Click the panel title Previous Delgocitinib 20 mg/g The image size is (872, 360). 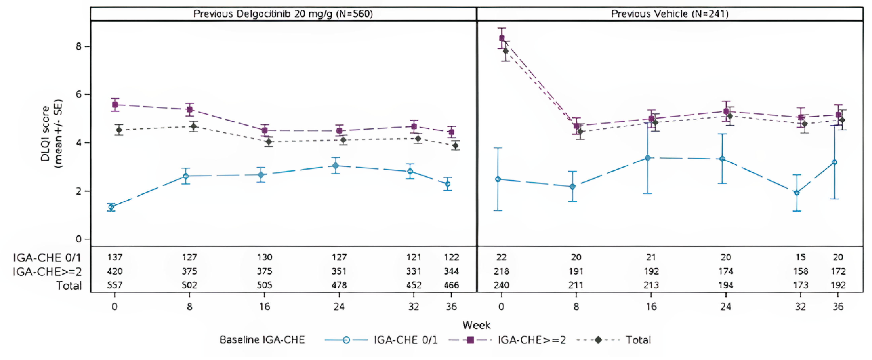(x=283, y=14)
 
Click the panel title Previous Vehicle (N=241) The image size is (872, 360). (x=670, y=14)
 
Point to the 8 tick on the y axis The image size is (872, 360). (x=78, y=46)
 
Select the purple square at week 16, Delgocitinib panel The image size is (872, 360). (x=265, y=130)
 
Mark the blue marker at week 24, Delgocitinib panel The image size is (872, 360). (x=335, y=166)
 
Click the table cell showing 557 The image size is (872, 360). (x=115, y=285)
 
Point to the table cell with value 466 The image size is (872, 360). (x=451, y=285)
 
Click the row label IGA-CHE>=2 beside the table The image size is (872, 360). (x=47, y=272)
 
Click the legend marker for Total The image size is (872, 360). (x=598, y=340)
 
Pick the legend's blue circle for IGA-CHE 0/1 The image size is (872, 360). (x=346, y=340)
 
